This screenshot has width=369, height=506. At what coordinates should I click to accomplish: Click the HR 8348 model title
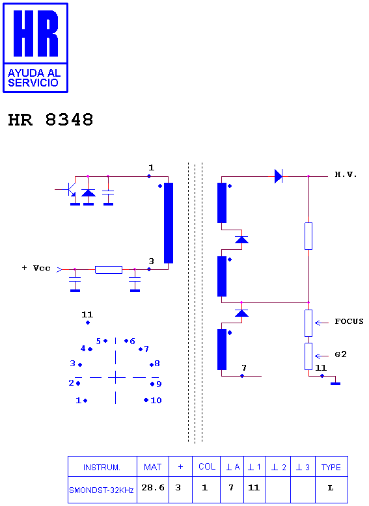51,120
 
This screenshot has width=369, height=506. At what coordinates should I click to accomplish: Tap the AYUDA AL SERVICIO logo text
34,78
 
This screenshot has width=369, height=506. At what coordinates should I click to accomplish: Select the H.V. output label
346,174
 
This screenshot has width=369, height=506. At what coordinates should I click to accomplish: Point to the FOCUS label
349,321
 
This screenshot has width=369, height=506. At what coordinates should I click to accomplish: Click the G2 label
340,354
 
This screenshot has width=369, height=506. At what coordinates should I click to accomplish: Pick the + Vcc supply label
36,268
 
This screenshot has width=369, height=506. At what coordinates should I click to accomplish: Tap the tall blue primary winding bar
169,223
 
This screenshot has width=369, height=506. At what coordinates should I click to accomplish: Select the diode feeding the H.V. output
279,176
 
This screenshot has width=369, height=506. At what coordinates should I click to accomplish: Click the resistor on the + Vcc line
109,270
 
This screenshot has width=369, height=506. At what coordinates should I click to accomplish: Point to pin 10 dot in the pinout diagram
146,400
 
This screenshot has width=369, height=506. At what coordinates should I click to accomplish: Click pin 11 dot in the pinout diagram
88,323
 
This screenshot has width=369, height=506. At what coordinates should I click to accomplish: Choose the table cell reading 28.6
153,488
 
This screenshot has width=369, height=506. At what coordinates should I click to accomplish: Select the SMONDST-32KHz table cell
102,490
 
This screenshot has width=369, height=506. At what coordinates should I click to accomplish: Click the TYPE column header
331,467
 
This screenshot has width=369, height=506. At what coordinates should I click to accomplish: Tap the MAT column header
153,467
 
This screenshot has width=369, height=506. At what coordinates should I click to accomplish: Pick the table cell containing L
331,488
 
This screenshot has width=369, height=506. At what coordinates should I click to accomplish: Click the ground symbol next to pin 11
335,384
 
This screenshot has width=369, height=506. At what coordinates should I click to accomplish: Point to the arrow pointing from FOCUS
321,323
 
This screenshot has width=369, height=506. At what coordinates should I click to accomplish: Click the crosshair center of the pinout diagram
116,377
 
